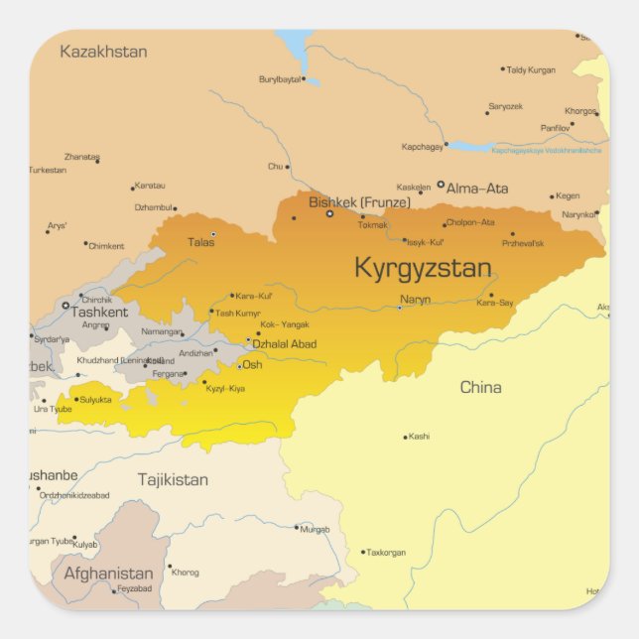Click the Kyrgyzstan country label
423,268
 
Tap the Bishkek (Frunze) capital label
359,202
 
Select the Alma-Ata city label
477,188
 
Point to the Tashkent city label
99,312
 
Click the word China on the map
480,387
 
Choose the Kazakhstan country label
103,52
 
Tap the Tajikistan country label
173,479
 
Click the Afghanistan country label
108,574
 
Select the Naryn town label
415,299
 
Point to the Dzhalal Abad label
285,344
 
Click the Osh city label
253,364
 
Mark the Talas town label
200,241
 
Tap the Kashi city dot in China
405,437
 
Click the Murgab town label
316,529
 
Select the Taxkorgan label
387,552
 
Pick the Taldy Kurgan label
531,70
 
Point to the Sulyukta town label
96,400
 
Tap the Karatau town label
150,186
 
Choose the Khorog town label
186,572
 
